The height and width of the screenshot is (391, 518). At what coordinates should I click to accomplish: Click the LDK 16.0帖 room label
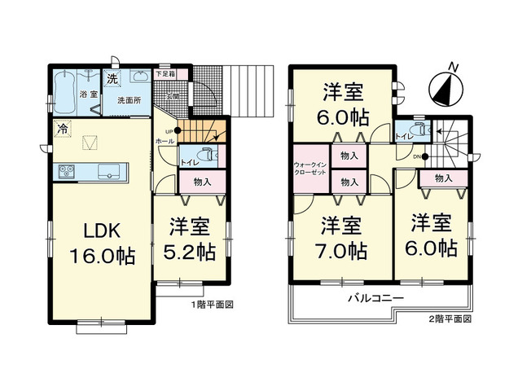tap(101, 242)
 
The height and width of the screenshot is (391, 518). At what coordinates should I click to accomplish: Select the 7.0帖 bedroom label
tap(342, 237)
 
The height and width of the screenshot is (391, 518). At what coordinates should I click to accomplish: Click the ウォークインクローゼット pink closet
tap(311, 173)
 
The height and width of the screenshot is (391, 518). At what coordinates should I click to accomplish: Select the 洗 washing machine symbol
tap(112, 80)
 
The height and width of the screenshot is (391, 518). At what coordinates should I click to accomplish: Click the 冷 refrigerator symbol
tap(62, 129)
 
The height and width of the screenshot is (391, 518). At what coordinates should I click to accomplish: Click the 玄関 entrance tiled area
tap(173, 96)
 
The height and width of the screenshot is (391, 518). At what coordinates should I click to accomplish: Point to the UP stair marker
tap(169, 130)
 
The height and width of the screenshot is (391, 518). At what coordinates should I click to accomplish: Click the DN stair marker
tap(418, 156)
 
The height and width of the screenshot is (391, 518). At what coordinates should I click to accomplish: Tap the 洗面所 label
tap(129, 100)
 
